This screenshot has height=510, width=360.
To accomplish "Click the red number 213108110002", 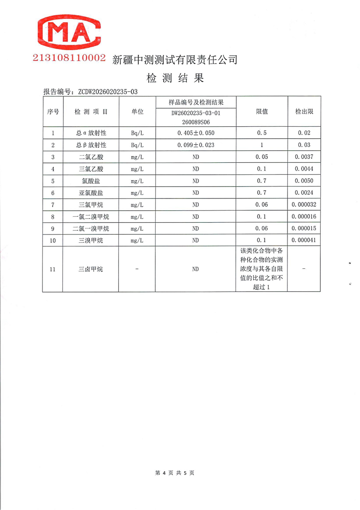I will pyautogui.click(x=69, y=59).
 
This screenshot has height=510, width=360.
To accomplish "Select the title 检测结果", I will pyautogui.click(x=175, y=78).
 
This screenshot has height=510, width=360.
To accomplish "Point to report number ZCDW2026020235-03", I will pyautogui.click(x=107, y=91).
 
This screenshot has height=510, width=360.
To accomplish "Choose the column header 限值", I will pyautogui.click(x=261, y=111).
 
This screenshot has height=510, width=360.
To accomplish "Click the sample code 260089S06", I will pyautogui.click(x=196, y=122).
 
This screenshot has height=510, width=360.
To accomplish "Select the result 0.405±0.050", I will pyautogui.click(x=196, y=133).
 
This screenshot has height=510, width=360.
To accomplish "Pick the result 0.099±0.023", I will pyautogui.click(x=196, y=145).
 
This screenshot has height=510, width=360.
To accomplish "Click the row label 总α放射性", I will pyautogui.click(x=91, y=133).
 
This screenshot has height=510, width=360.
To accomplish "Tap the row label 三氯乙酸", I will pyautogui.click(x=91, y=169).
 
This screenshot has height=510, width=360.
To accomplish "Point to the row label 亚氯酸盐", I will pyautogui.click(x=91, y=193).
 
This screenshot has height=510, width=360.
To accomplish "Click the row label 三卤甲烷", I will pyautogui.click(x=91, y=269).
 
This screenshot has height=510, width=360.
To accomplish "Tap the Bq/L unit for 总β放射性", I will pyautogui.click(x=137, y=145).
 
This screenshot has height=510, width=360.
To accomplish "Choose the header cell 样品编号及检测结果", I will pyautogui.click(x=196, y=101).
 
